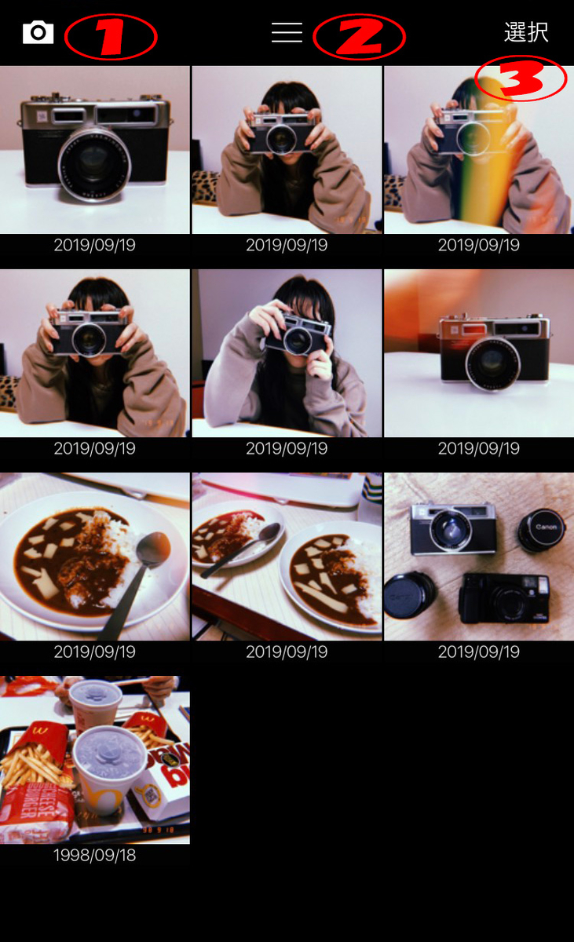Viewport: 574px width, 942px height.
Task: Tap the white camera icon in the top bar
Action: [38, 32]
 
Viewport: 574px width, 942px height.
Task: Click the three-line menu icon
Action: [287, 32]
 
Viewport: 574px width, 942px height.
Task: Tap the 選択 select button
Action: [526, 32]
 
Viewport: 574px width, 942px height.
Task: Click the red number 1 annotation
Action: [110, 37]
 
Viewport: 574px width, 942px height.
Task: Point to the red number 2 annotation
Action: [359, 37]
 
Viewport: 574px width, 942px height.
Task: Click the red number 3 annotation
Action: [521, 79]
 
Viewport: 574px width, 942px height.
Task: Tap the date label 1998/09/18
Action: [94, 856]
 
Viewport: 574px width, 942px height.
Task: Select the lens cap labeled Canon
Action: [543, 529]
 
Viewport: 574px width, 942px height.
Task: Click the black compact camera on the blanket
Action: [504, 598]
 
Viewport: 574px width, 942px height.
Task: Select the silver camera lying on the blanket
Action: [453, 529]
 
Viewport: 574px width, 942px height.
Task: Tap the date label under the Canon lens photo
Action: [478, 652]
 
